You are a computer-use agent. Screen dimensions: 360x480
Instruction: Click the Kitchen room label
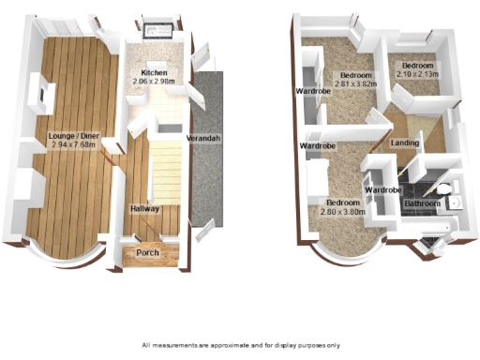154,72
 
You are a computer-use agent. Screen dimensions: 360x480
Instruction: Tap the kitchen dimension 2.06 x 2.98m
154,82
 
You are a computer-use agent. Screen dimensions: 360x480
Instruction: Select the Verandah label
203,139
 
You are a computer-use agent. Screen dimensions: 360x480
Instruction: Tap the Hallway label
145,208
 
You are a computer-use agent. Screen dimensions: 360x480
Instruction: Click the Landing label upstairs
405,142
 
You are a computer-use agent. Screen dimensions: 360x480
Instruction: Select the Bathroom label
422,203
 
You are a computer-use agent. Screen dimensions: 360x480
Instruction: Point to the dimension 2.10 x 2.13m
415,73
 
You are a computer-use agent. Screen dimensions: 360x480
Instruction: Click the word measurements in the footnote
185,346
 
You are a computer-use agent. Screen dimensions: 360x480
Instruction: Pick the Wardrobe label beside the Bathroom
382,190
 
